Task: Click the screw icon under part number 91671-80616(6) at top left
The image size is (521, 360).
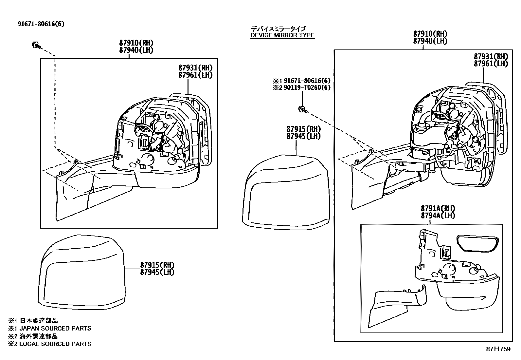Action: tap(36, 45)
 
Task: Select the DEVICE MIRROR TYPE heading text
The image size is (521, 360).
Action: tap(282, 35)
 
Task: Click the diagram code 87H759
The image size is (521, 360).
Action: tap(498, 349)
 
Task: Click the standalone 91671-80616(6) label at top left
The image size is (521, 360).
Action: tap(41, 24)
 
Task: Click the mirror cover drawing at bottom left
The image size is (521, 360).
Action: tap(82, 272)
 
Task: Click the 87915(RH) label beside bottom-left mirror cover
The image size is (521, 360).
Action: tap(157, 265)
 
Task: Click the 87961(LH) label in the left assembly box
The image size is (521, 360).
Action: tap(195, 75)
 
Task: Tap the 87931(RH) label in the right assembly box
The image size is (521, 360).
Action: tap(491, 56)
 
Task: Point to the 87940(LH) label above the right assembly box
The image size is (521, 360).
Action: tap(430, 41)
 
